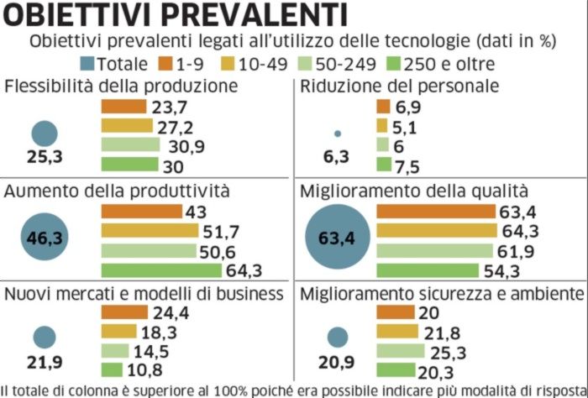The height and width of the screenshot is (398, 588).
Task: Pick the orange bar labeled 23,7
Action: [125, 107]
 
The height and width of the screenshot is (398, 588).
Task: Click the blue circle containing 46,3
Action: [45, 238]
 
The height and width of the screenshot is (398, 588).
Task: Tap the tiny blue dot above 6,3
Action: [338, 133]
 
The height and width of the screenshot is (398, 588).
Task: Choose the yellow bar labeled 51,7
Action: [150, 231]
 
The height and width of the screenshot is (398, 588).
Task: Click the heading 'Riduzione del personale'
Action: [399, 86]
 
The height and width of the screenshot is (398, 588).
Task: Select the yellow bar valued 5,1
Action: [381, 126]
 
